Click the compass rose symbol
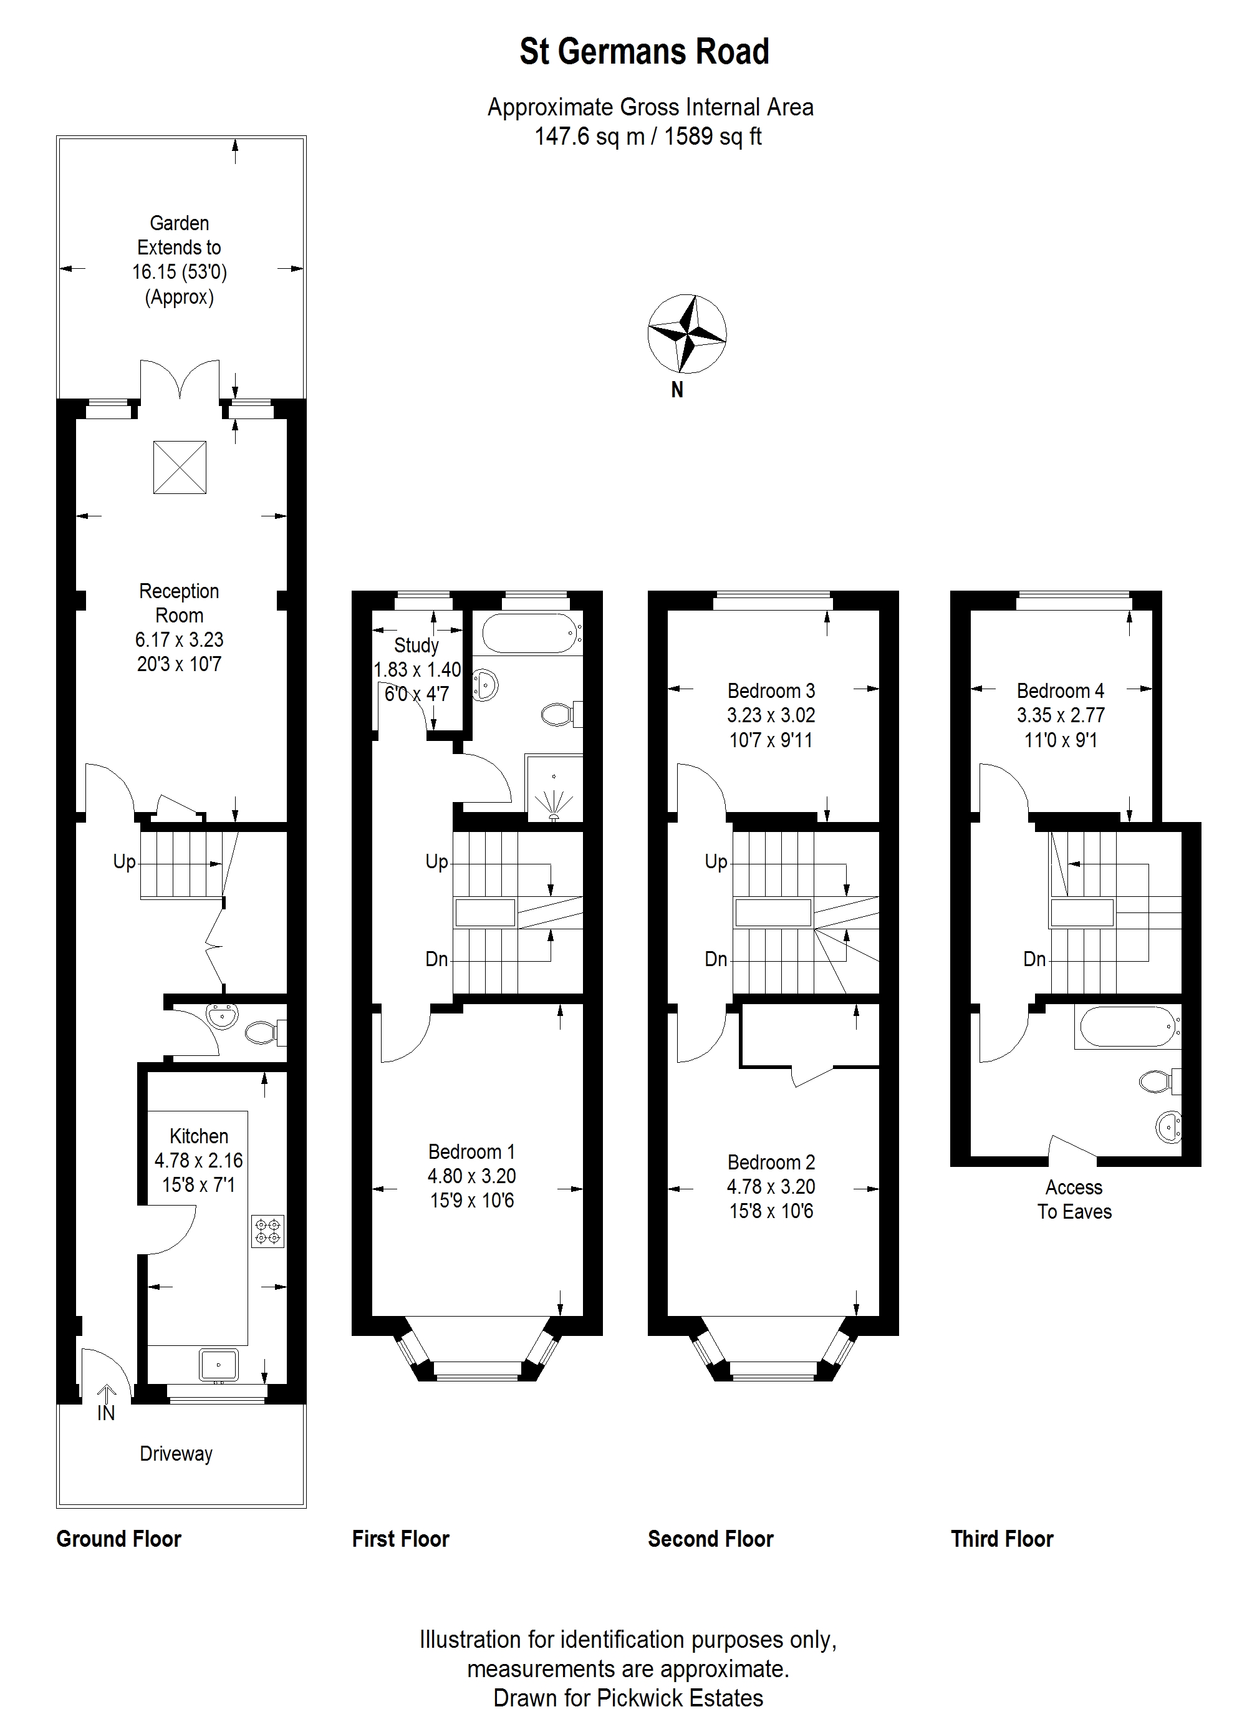coord(686,334)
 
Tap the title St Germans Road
coord(644,52)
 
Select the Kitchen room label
coord(199,1136)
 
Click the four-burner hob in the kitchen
coord(268,1231)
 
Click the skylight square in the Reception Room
coord(180,467)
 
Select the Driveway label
coord(176,1454)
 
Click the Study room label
coord(416,646)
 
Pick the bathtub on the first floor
coord(531,634)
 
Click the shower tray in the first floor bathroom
coord(554,788)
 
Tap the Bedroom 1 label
coord(471,1151)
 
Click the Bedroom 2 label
coord(771,1162)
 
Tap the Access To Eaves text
coord(1074,1199)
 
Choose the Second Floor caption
coord(710,1539)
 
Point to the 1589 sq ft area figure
coord(713,137)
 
